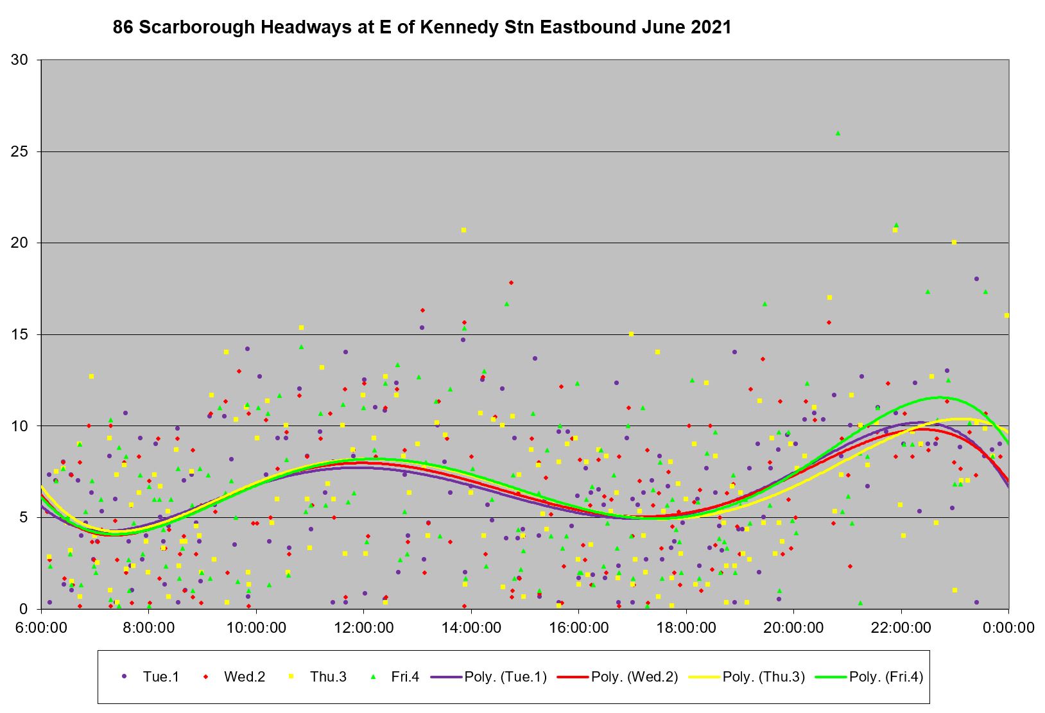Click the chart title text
tap(422, 28)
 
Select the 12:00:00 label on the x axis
tap(363, 627)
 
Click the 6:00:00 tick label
tap(41, 627)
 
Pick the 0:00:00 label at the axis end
tap(1008, 627)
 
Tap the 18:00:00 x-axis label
tap(686, 627)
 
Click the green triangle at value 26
tap(838, 133)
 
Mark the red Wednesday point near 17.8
tap(511, 282)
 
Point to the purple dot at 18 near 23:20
tap(976, 279)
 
